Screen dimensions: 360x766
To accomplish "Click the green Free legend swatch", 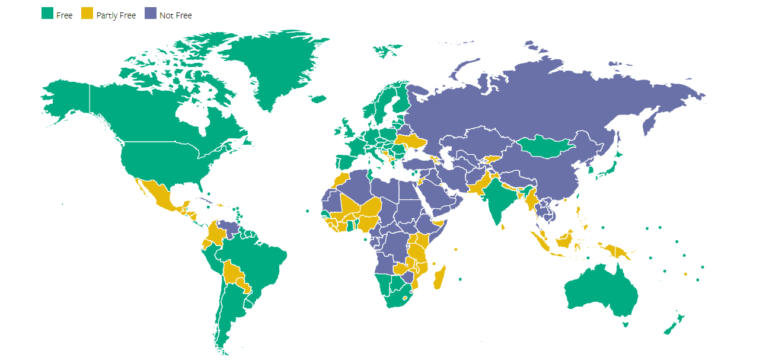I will coord(47,13).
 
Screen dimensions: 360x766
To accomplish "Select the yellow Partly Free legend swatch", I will coord(87,13).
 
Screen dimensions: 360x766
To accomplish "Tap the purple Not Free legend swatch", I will coord(150,13).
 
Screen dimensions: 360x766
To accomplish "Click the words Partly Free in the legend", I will coord(116,15).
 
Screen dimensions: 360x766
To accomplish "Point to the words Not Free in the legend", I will coord(175,15).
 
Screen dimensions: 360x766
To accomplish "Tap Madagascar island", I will coord(440,278).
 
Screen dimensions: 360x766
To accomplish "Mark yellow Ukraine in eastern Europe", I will coord(411,142).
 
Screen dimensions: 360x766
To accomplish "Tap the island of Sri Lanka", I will coord(503,226).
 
